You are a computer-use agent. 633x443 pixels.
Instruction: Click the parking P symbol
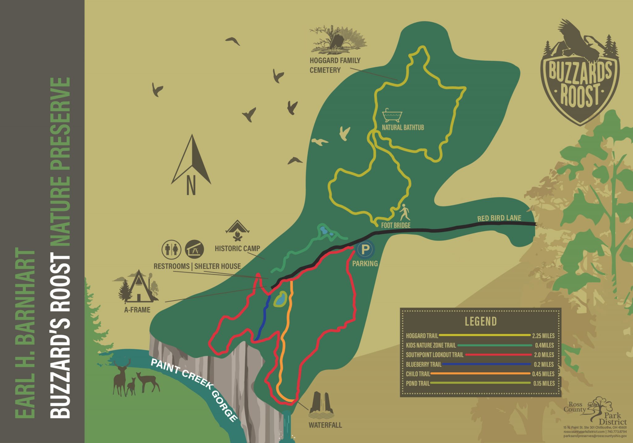[x=365, y=249]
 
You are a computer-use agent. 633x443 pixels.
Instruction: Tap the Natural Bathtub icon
[x=392, y=116]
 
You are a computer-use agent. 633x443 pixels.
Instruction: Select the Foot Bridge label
[x=396, y=225]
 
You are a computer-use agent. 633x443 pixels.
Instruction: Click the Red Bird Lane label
[x=499, y=218]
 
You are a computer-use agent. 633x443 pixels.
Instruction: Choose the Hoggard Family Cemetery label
[x=335, y=65]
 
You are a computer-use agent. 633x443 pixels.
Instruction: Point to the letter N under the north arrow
[x=191, y=185]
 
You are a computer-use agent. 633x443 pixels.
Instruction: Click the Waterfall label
[x=325, y=425]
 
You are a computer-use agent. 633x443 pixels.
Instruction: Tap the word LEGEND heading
[x=481, y=322]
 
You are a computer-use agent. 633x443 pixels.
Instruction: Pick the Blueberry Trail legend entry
[x=423, y=365]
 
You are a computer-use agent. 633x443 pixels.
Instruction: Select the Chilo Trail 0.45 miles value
[x=543, y=374]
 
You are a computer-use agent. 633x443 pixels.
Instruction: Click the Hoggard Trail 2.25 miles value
[x=543, y=335]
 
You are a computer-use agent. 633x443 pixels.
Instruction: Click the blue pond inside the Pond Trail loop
[x=281, y=299]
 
